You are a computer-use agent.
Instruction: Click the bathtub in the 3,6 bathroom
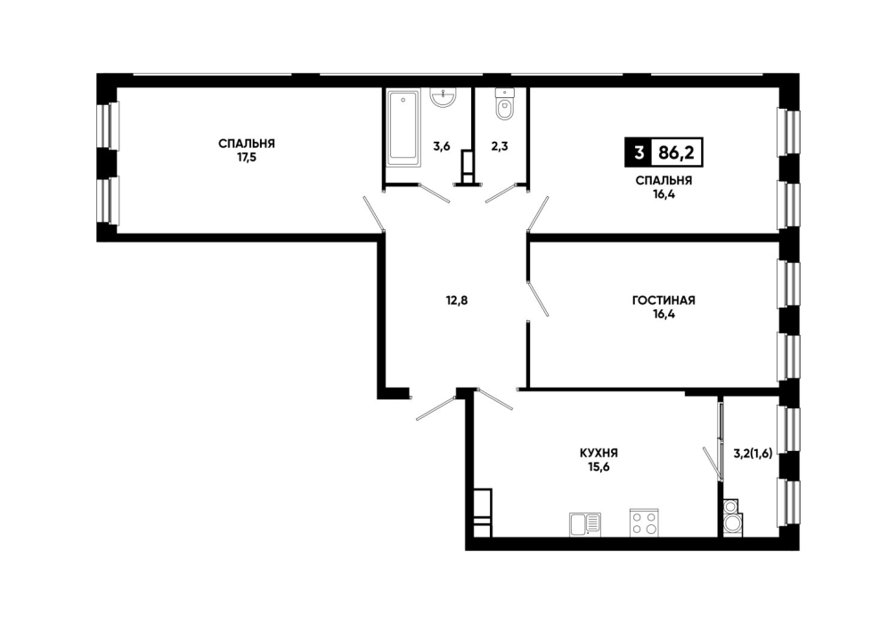point(403,127)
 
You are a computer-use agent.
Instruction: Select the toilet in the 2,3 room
point(504,104)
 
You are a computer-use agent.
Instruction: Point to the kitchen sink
point(584,524)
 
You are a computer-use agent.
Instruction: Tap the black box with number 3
point(639,152)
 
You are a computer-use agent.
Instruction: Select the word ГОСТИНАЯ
point(664,300)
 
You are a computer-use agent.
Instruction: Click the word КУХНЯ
point(599,453)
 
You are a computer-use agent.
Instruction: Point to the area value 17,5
point(247,157)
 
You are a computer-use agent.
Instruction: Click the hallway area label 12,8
point(457,300)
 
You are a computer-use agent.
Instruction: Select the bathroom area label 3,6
point(441,146)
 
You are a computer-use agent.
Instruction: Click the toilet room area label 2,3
point(500,146)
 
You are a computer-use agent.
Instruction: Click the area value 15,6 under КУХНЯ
point(599,467)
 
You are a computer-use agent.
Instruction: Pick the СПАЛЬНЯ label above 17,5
point(247,143)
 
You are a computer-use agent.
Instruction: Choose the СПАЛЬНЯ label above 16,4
point(664,181)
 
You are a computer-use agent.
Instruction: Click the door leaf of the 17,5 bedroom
point(374,214)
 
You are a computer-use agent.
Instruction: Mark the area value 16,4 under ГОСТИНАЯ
point(664,314)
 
